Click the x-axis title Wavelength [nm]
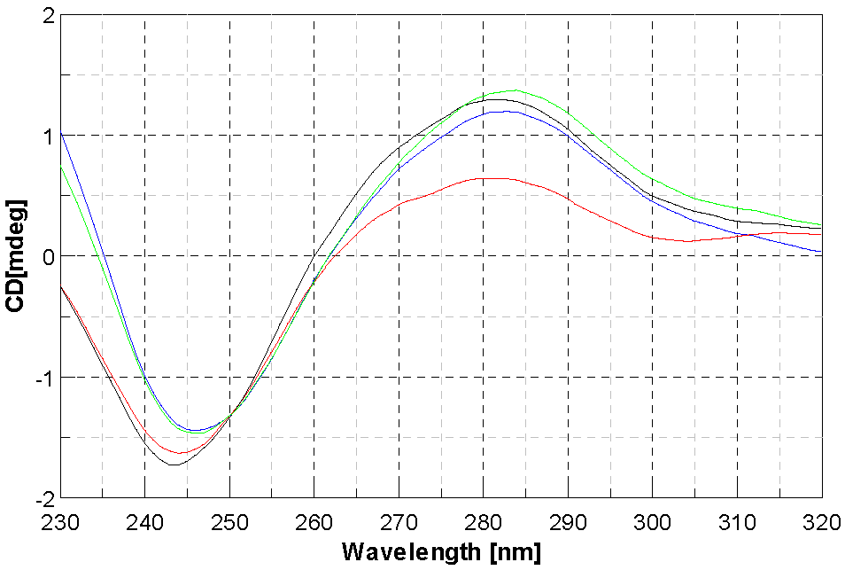coord(440,552)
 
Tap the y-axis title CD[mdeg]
coord(15,256)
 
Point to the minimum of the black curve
coord(173,465)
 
